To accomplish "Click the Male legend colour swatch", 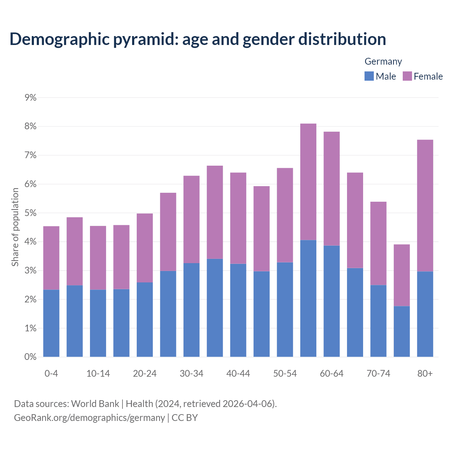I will point(369,76).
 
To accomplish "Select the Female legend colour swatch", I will point(407,76).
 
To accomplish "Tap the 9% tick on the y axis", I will point(31,97).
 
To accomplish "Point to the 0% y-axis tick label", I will point(31,357).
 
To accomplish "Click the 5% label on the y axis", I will point(31,213).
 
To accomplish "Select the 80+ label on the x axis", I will point(425,373).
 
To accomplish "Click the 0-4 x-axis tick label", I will point(51,373).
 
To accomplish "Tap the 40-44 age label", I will point(238,373).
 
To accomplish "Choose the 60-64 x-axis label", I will point(332,373).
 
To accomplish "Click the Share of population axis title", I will point(15,227).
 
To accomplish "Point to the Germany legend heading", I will point(383,61).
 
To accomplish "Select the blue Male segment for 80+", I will point(425,314).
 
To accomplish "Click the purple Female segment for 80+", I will point(425,205).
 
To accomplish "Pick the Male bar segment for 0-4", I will point(51,323).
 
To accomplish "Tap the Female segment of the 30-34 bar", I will point(191,219).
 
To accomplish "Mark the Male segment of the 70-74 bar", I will point(378,321).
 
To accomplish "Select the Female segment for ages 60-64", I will point(332,189).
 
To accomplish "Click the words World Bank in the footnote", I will point(95,404).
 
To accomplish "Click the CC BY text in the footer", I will point(185,418).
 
